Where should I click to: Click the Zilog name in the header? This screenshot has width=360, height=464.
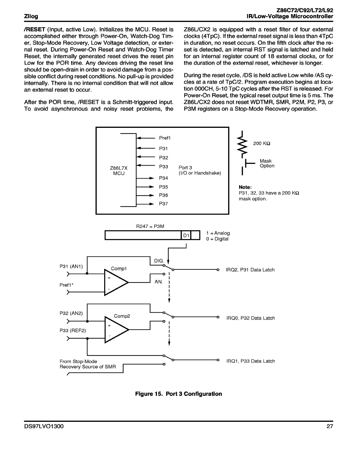coord(31,16)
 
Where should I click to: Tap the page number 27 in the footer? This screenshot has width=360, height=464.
coord(330,426)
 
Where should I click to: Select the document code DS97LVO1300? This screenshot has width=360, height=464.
coord(44,426)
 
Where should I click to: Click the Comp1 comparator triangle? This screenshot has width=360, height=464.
coord(116,282)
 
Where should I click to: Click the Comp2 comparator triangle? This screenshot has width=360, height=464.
coord(116,330)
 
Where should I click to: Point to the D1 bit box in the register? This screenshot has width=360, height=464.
coord(186,235)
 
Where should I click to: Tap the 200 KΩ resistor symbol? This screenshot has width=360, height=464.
coord(242,145)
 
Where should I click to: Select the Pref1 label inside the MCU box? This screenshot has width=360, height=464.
coord(164,138)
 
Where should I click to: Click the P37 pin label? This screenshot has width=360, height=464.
coord(164,203)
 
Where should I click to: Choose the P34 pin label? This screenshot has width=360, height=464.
coord(164,178)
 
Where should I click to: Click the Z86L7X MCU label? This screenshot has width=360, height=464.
coord(119,170)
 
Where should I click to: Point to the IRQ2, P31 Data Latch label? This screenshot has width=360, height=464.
coord(250,270)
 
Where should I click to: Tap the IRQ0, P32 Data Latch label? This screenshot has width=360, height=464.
coord(251,318)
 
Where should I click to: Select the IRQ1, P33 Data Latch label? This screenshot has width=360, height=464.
coord(251,361)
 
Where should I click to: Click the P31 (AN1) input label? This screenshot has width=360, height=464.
coord(71,266)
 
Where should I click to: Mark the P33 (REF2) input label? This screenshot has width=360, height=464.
coord(73,330)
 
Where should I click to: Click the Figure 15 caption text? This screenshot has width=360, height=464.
coord(178,394)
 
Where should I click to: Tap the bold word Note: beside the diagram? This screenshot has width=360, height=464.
coord(245,187)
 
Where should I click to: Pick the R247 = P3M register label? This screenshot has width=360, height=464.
coord(150,226)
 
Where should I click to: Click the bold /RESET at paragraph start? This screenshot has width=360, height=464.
coord(35,29)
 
